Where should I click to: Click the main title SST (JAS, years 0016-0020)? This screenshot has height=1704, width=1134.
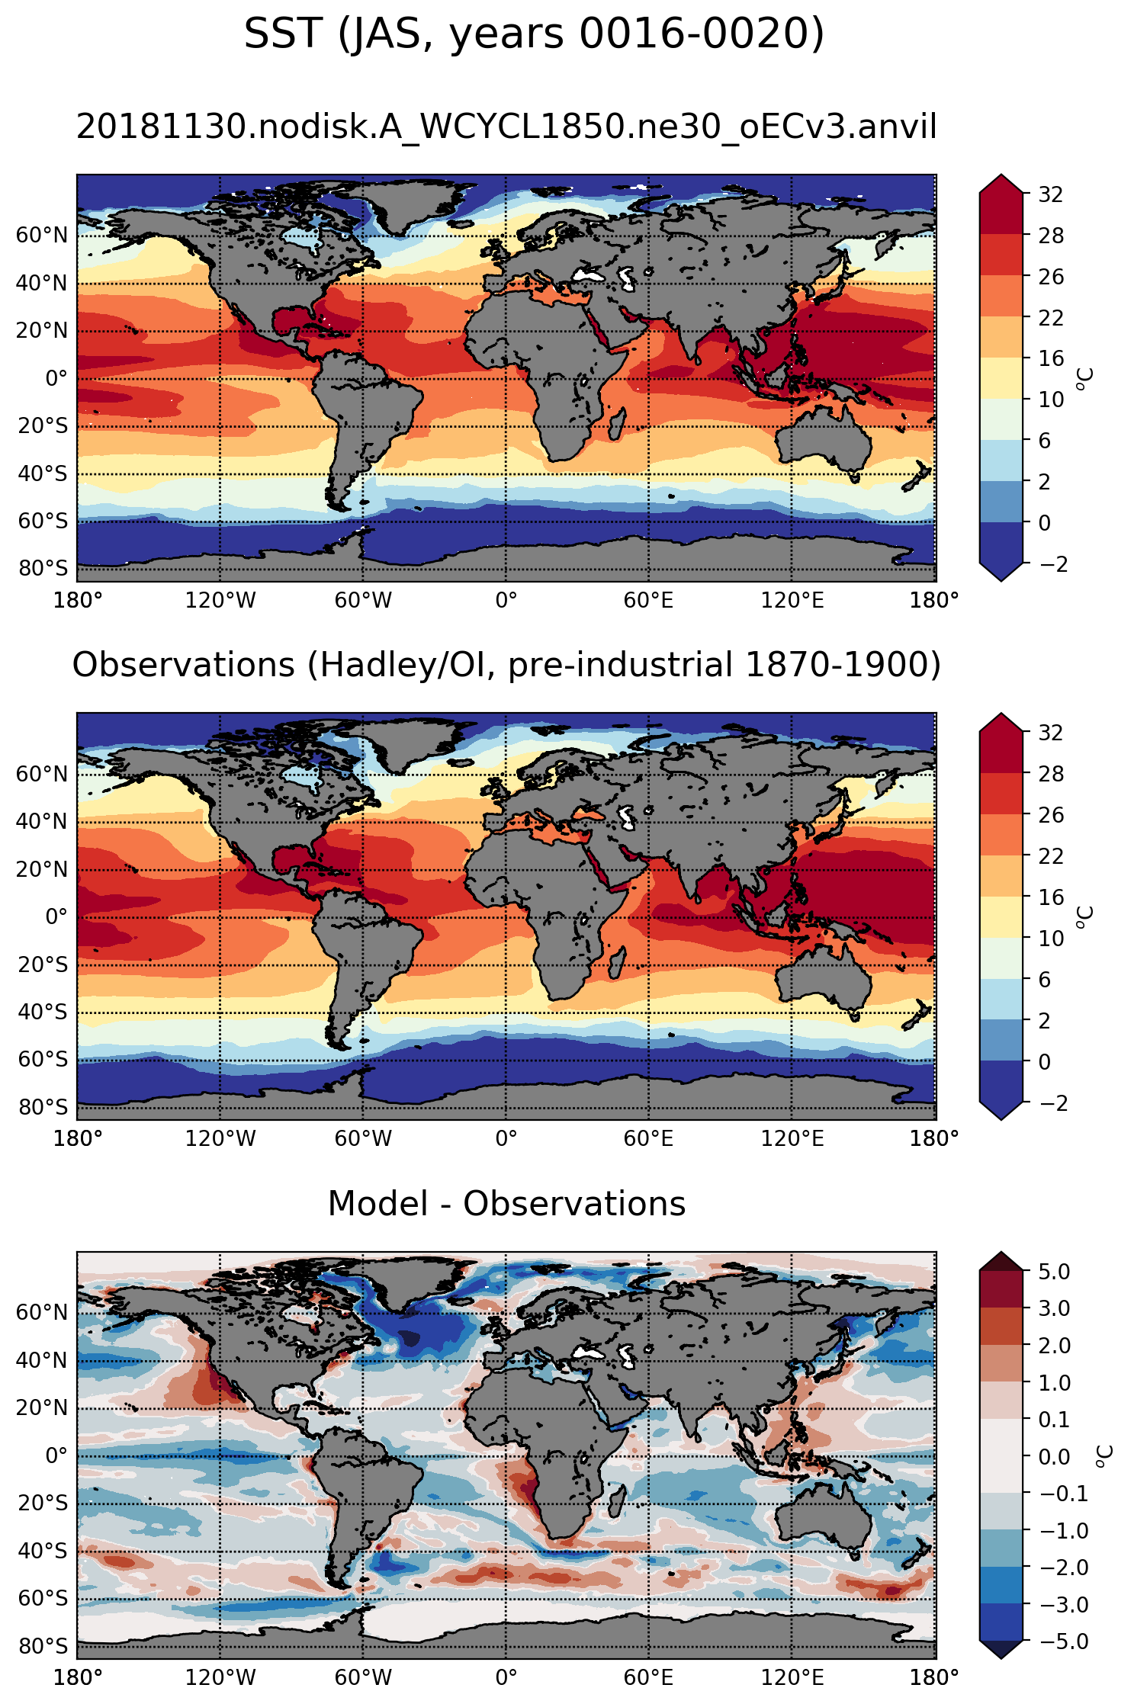coord(534,35)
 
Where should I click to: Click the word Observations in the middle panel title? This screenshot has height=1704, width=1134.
coord(183,665)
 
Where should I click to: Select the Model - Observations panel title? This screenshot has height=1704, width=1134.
coord(506,1204)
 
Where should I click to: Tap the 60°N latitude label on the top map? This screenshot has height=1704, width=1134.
coord(42,235)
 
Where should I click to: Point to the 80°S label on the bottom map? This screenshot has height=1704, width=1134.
coord(42,1646)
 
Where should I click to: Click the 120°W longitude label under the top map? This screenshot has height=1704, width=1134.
coord(220,601)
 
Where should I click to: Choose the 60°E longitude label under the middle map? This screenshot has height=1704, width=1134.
coord(648,1139)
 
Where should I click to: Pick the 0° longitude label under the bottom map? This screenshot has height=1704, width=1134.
coord(506,1677)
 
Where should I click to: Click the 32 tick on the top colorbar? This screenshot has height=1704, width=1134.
coord(1050,194)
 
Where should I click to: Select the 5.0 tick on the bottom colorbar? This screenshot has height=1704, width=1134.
coord(1053,1271)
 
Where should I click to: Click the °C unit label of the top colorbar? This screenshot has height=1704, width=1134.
coord(1085,378)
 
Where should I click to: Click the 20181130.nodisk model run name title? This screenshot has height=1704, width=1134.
coord(506,127)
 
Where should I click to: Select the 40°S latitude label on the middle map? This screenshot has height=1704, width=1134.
coord(42,1012)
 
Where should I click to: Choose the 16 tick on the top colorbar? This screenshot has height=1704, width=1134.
coord(1050,358)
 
